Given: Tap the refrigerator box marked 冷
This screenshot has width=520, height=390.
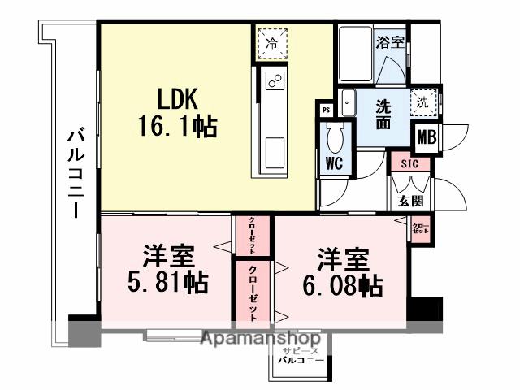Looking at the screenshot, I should tap(273, 43).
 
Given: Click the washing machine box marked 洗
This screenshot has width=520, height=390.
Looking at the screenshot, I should tap(422, 103).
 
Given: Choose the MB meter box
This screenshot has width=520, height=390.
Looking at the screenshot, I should tap(427, 137).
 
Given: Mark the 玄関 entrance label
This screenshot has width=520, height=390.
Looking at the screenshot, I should tap(409, 201).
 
